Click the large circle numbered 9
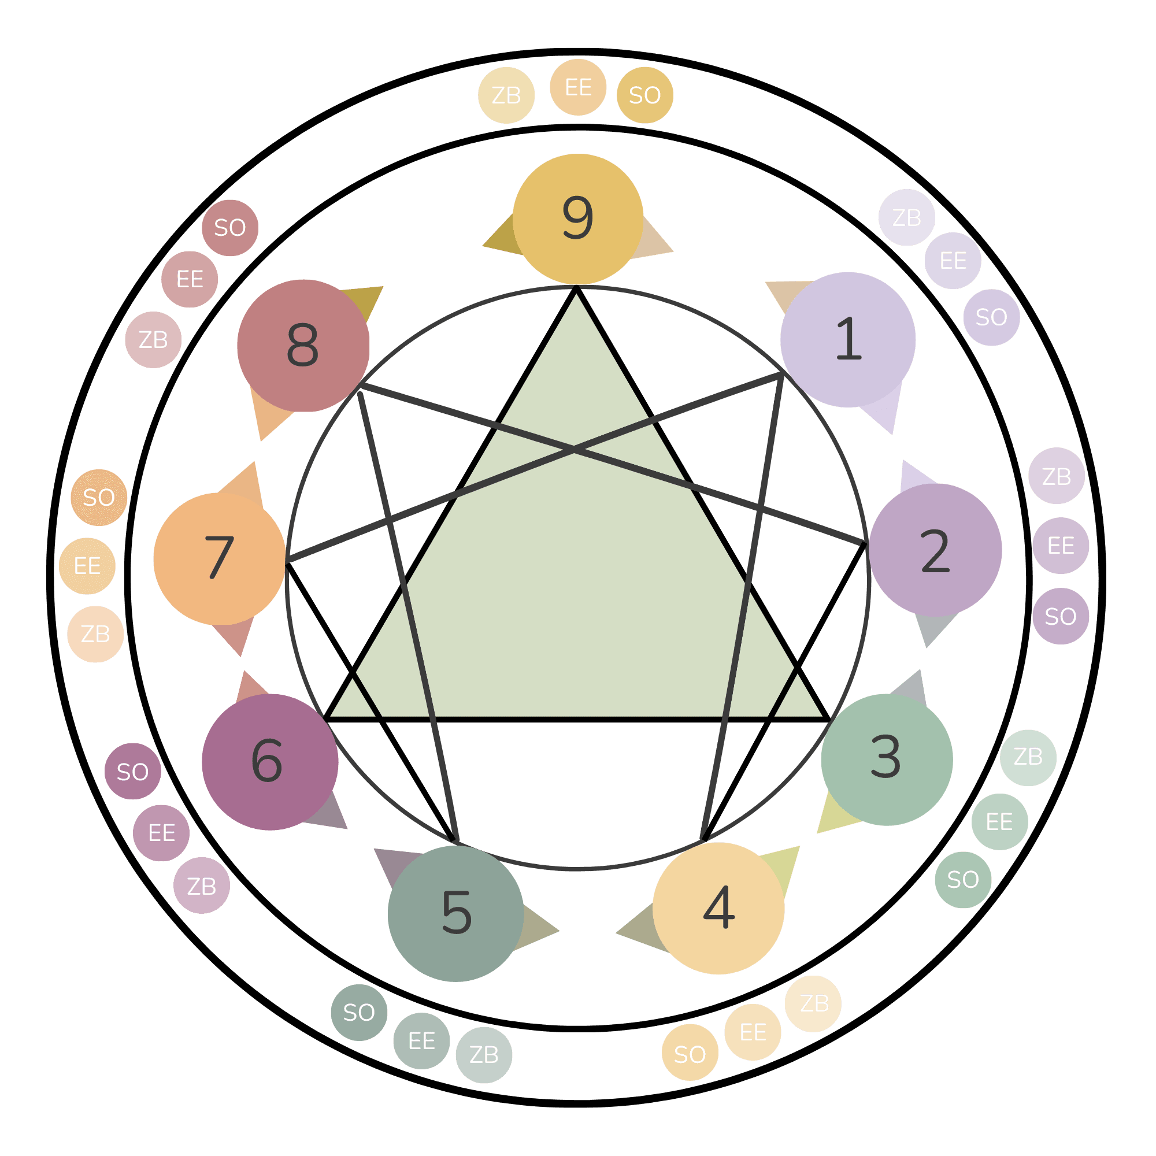tap(577, 219)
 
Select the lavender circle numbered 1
tap(847, 340)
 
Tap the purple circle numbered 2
tap(935, 550)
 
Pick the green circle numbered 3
tap(886, 759)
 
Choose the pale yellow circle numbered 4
tap(718, 907)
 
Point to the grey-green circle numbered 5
tap(456, 913)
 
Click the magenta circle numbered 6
tap(270, 762)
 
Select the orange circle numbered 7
tap(220, 558)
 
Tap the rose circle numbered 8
tap(303, 345)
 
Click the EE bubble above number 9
tap(578, 87)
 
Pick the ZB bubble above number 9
tap(506, 96)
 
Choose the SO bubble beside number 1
tap(991, 317)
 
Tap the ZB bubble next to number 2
tap(1056, 476)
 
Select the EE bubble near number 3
tap(999, 821)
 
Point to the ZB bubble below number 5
tap(483, 1055)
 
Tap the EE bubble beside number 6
tap(161, 833)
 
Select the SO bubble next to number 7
tap(99, 497)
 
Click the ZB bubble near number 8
tap(153, 339)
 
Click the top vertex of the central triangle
tap(576, 289)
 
